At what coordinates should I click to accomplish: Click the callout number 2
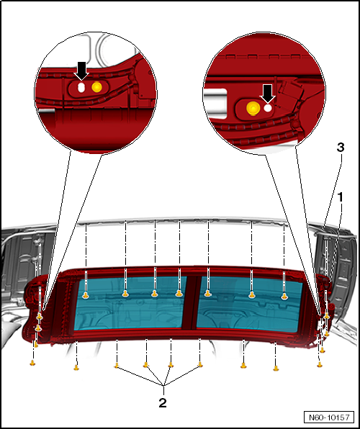[x=163, y=402]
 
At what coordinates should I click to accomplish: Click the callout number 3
[x=341, y=148]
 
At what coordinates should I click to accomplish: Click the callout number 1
[x=341, y=197]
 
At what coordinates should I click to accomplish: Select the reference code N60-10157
[x=329, y=417]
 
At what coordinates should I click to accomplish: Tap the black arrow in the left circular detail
[x=81, y=71]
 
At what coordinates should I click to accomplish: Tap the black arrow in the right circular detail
[x=267, y=94]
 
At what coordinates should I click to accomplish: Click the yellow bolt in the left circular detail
[x=97, y=87]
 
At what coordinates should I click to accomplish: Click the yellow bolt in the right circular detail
[x=253, y=107]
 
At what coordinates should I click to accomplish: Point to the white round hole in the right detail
[x=268, y=108]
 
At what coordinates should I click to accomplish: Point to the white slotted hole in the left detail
[x=81, y=88]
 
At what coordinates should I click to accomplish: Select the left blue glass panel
[x=130, y=302]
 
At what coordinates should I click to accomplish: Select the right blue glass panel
[x=249, y=304]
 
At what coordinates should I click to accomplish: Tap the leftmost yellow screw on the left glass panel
[x=86, y=295]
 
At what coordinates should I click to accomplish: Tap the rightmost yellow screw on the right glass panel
[x=284, y=297]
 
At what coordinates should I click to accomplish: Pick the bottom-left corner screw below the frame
[x=32, y=363]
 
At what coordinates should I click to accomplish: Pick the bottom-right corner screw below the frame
[x=320, y=364]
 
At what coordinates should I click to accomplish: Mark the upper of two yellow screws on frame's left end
[x=40, y=317]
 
